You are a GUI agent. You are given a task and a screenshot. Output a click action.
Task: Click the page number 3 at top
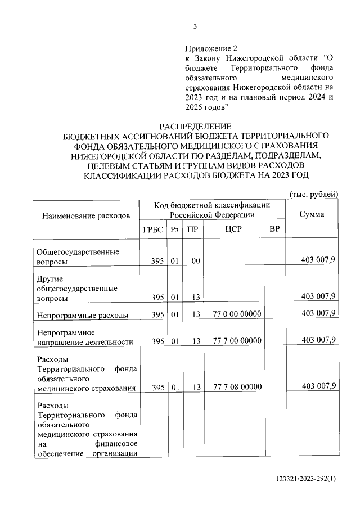point(195,26)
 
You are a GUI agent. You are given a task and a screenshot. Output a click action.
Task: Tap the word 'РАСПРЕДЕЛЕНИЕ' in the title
point(195,127)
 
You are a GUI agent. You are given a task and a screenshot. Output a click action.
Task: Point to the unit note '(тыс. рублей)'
point(313,195)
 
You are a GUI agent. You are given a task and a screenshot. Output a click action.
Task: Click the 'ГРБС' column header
point(153,230)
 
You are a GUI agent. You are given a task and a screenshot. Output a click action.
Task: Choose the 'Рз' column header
point(175,230)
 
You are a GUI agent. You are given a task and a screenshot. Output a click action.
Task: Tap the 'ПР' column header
point(192,230)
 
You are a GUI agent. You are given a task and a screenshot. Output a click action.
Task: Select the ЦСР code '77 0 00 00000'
point(237,314)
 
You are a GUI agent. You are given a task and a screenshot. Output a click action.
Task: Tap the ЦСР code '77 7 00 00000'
point(237,341)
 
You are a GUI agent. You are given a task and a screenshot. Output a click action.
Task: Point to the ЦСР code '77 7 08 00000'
point(237,386)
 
